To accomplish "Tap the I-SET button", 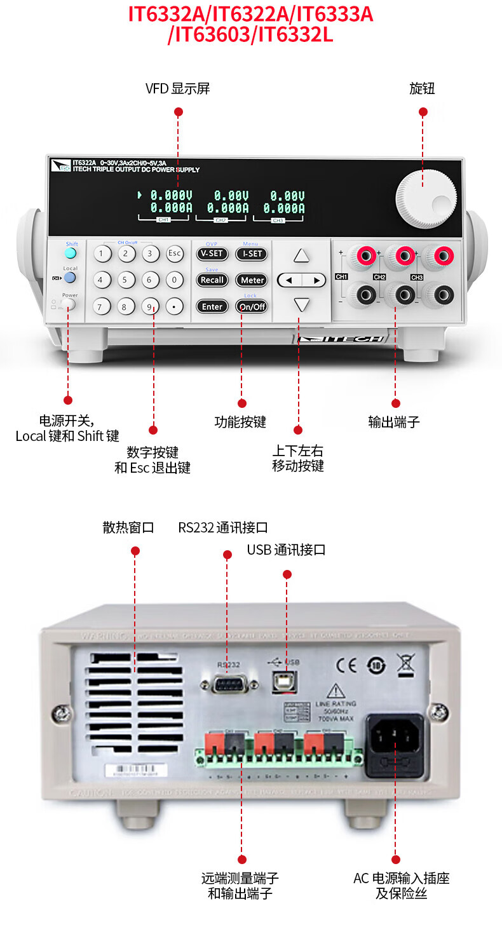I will click(x=252, y=254).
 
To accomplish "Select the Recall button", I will click(x=212, y=280).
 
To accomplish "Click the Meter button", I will click(x=252, y=280).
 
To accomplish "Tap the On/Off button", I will click(x=252, y=306).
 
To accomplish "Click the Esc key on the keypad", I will click(x=175, y=254).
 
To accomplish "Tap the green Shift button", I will click(x=71, y=254).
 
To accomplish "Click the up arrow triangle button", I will click(x=301, y=255).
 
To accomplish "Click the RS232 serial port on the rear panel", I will click(x=229, y=684).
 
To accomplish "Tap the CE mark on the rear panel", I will click(x=346, y=664).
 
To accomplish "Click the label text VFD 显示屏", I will click(x=178, y=88).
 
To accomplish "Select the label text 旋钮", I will click(x=422, y=88).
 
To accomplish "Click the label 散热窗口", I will click(x=128, y=527).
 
